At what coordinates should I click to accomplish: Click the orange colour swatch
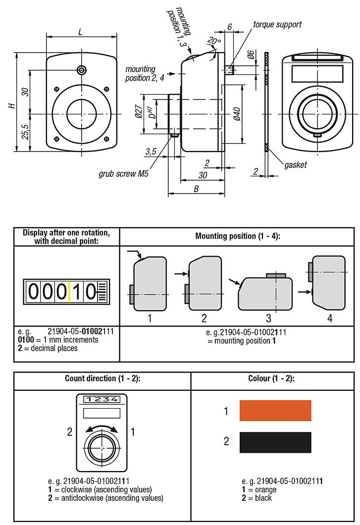click(275, 411)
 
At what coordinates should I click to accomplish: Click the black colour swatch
click(275, 442)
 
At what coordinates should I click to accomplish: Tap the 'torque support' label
click(277, 24)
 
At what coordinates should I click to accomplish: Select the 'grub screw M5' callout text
click(123, 174)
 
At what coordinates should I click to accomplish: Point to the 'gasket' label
click(296, 164)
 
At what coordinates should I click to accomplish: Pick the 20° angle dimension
click(214, 42)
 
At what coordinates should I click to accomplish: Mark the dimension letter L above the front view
click(80, 32)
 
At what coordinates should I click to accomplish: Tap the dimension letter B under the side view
click(196, 189)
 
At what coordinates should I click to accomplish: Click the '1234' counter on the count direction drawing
click(101, 399)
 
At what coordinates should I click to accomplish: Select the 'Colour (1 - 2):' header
click(271, 378)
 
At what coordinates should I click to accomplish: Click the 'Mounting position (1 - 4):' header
click(238, 236)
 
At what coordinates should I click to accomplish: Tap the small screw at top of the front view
click(81, 70)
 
